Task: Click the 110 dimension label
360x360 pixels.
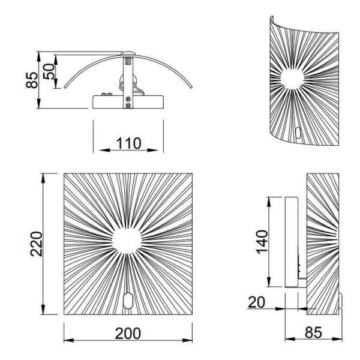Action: coord(128,143)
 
